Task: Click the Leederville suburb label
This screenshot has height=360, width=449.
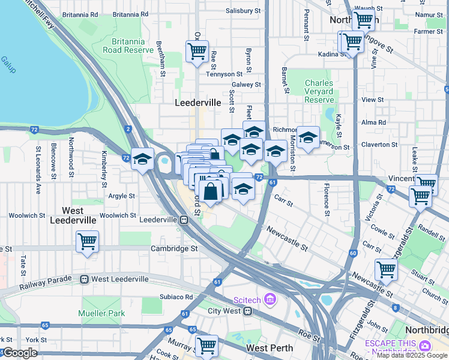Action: [197, 103]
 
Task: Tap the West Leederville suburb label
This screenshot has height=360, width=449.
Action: [80, 215]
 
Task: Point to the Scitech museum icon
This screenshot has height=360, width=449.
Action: [270, 298]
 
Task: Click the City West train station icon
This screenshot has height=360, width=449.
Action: [247, 311]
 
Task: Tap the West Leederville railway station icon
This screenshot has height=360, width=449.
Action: [85, 279]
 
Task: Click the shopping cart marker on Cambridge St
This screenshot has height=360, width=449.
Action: [88, 242]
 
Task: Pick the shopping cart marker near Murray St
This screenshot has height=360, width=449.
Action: [206, 345]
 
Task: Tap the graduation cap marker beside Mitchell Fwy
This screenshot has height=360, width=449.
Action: [142, 160]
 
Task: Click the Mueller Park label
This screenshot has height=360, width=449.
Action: [101, 313]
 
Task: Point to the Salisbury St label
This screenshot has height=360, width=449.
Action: [243, 11]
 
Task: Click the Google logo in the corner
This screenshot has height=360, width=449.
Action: [20, 353]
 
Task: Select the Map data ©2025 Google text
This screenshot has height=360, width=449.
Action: [411, 355]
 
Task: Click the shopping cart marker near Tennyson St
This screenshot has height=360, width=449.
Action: [197, 51]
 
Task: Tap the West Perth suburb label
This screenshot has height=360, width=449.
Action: [270, 348]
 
